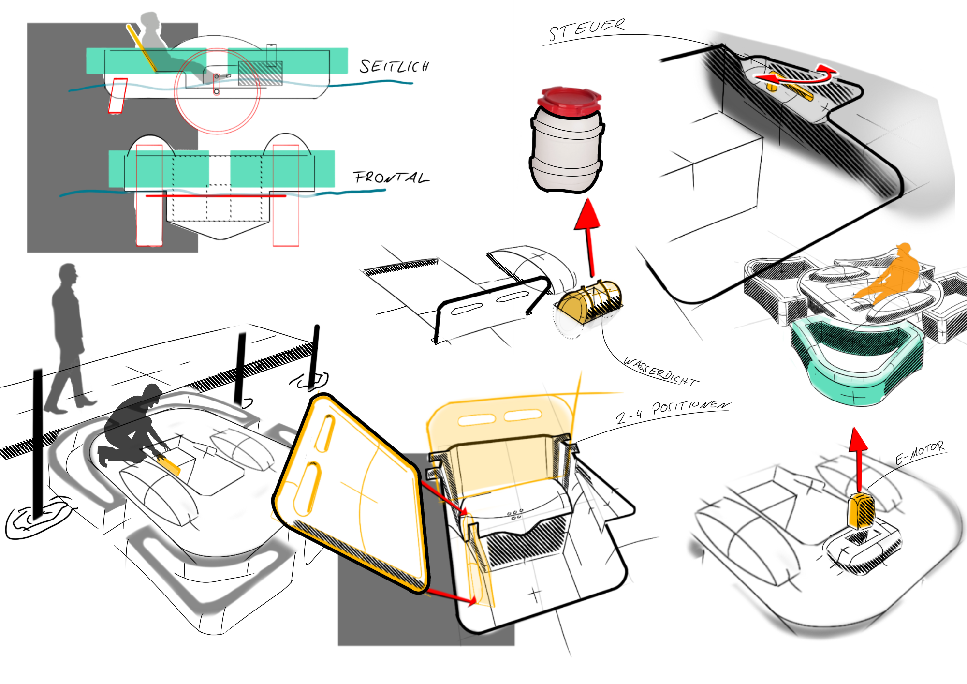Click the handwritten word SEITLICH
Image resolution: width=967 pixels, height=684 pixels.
point(394,66)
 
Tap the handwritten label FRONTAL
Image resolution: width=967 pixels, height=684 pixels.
point(391,178)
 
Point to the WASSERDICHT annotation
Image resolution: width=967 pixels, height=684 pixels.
point(659,372)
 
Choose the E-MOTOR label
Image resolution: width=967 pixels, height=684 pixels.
point(920,452)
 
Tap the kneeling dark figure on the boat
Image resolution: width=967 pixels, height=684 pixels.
point(133,426)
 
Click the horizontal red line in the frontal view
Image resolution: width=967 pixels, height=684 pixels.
point(215,196)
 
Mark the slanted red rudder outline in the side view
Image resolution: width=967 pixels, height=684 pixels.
point(117,96)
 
